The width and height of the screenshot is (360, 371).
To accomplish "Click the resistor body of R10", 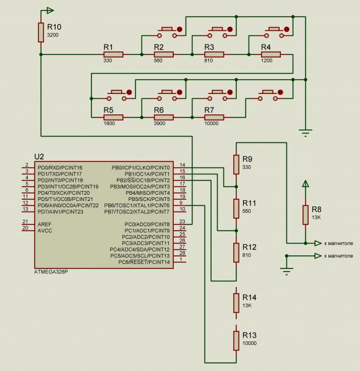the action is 41,32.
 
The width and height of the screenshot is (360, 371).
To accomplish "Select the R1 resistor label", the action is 108,47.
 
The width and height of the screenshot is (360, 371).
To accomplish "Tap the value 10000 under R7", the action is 212,123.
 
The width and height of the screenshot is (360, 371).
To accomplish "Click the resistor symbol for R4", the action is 271,54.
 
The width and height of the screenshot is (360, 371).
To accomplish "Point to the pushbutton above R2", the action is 168,32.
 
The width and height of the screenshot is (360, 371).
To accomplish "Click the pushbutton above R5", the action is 117,95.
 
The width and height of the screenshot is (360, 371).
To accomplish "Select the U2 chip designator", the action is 39,156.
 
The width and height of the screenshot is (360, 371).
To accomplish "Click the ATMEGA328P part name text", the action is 51,272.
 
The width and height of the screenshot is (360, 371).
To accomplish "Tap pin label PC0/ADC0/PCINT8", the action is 147,224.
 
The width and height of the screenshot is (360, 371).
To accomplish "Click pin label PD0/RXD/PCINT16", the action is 60,168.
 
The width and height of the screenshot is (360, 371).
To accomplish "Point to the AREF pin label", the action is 45,224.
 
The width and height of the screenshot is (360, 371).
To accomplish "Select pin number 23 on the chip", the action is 182,221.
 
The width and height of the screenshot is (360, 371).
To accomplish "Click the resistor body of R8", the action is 306,215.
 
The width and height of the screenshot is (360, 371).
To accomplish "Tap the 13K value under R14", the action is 247,305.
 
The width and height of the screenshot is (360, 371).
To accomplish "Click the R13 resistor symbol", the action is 236,341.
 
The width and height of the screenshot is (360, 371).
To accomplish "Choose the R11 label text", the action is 249,203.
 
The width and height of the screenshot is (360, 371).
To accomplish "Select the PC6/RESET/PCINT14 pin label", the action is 144,262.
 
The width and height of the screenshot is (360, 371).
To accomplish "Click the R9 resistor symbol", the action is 236,164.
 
